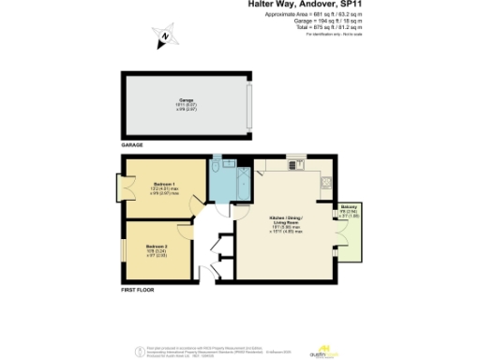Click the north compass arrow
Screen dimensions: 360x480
pos(164,38)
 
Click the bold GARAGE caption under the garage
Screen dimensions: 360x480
pos(132,146)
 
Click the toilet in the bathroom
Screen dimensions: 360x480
pos(217,166)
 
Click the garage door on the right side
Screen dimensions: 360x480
pos(250,104)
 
